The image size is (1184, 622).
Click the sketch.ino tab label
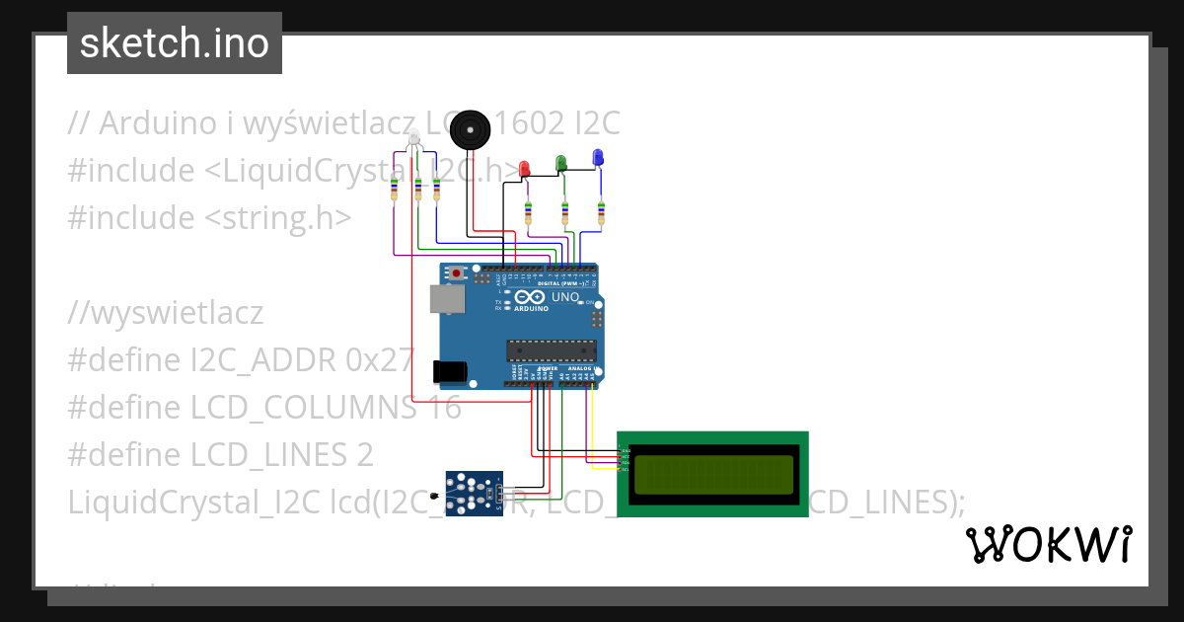pos(175,43)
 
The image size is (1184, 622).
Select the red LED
pos(525,168)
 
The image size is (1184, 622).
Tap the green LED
pos(560,163)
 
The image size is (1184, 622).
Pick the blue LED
pos(597,157)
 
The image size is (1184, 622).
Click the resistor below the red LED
pos(528,210)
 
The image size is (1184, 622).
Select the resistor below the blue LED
pos(601,210)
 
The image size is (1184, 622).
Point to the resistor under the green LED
pos(564,210)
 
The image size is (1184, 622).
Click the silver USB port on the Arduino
pos(448,300)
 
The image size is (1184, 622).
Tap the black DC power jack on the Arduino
pos(450,371)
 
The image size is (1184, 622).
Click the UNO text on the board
pos(564,297)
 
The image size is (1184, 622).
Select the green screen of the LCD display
pos(713,475)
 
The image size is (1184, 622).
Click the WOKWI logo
pos(1048,545)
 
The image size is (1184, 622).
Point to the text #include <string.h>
pos(209,217)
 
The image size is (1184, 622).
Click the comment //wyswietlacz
pos(166,313)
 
